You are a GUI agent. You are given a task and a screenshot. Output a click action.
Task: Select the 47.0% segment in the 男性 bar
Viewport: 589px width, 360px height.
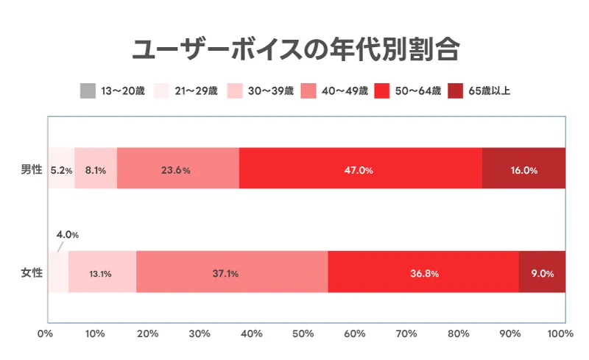360,169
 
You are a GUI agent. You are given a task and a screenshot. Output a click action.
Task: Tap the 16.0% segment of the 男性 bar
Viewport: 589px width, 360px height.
523,169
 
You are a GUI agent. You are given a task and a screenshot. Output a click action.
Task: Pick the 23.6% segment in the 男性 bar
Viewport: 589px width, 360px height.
177,169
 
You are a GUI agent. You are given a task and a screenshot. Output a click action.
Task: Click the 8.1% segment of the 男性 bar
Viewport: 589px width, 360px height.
96,169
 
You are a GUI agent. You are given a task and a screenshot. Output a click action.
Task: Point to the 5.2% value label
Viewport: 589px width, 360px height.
61,170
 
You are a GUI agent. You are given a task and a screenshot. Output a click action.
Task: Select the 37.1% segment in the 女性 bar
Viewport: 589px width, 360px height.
231,273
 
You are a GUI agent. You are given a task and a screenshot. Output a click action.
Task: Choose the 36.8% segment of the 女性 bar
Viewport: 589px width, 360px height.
423,273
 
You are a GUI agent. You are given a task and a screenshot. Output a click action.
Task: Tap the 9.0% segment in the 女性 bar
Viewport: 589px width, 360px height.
542,273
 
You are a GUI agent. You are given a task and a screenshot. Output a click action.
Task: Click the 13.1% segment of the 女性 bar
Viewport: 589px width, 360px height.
102,273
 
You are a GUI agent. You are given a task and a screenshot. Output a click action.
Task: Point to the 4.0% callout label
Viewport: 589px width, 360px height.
67,235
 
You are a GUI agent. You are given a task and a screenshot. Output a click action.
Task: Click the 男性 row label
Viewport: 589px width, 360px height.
32,169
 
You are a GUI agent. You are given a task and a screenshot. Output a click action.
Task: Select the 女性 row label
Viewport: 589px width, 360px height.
32,273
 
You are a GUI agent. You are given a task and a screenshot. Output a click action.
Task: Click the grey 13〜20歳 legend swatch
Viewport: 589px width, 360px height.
87,92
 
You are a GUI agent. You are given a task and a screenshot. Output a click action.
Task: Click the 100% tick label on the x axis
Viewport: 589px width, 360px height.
561,335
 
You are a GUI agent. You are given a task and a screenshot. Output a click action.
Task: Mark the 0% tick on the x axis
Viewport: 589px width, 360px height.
46,335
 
